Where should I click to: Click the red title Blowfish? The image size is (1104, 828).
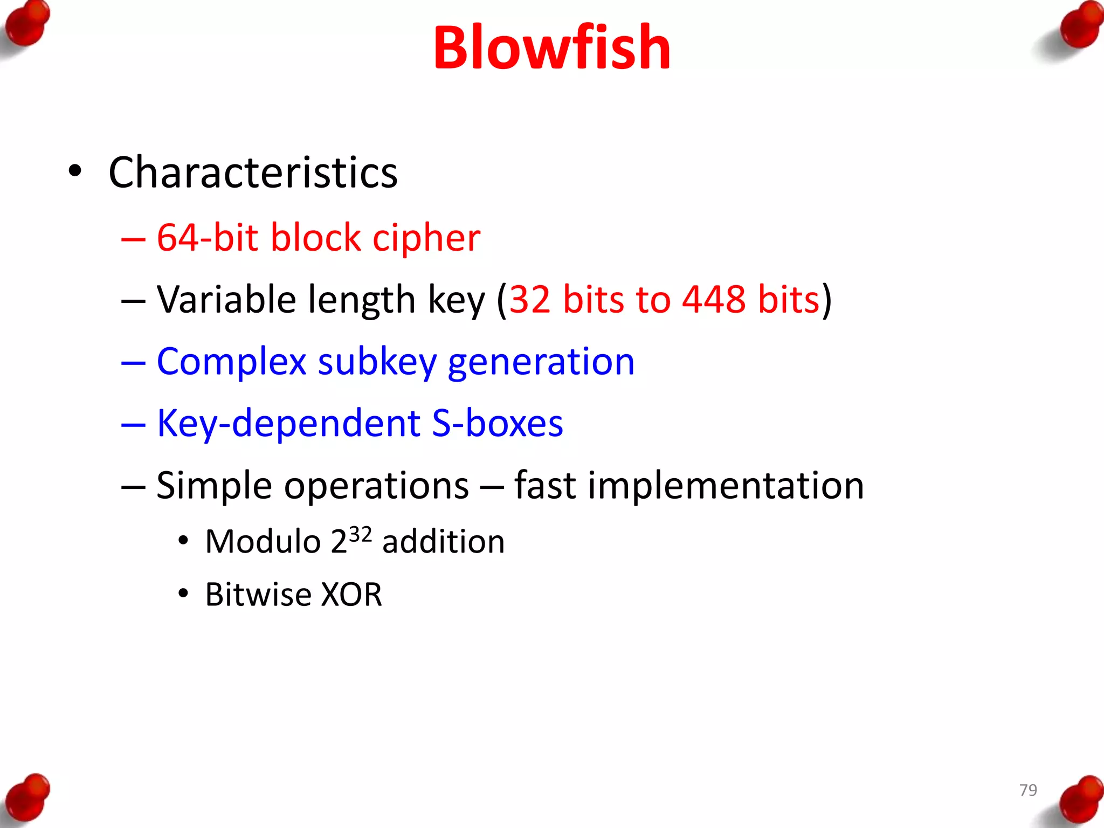point(551,49)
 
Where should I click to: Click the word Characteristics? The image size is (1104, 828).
point(253,172)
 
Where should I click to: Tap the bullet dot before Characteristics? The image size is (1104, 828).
point(75,171)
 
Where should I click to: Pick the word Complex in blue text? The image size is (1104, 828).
point(231,362)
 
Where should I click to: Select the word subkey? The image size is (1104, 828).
point(377,362)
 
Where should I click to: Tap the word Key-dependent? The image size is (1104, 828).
point(288,424)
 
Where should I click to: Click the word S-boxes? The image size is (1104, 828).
point(497,424)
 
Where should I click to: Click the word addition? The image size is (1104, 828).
point(443,542)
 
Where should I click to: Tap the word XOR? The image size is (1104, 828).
point(351,595)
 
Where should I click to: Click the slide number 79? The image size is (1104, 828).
point(1028,790)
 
